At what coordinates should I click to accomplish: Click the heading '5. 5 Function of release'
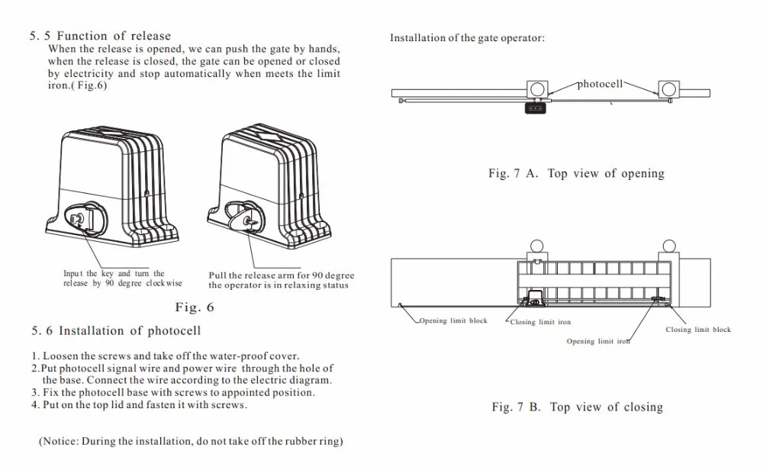100,36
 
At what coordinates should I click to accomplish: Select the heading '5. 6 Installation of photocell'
116,331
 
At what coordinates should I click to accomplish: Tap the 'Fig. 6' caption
195,307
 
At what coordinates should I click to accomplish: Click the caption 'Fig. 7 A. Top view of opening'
576,174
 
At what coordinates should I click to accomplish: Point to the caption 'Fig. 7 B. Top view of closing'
577,407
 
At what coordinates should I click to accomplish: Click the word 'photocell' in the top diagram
600,84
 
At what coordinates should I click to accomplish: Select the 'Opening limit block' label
453,321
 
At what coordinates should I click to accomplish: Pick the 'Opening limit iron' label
598,341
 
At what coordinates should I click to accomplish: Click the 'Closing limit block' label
697,330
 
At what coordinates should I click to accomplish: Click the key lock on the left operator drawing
78,218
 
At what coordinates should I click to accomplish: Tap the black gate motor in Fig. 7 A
536,108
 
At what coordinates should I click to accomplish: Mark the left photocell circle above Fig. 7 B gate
536,246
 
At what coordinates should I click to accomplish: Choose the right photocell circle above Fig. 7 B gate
669,246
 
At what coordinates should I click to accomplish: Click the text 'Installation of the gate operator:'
467,38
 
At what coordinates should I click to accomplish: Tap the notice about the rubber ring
190,441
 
